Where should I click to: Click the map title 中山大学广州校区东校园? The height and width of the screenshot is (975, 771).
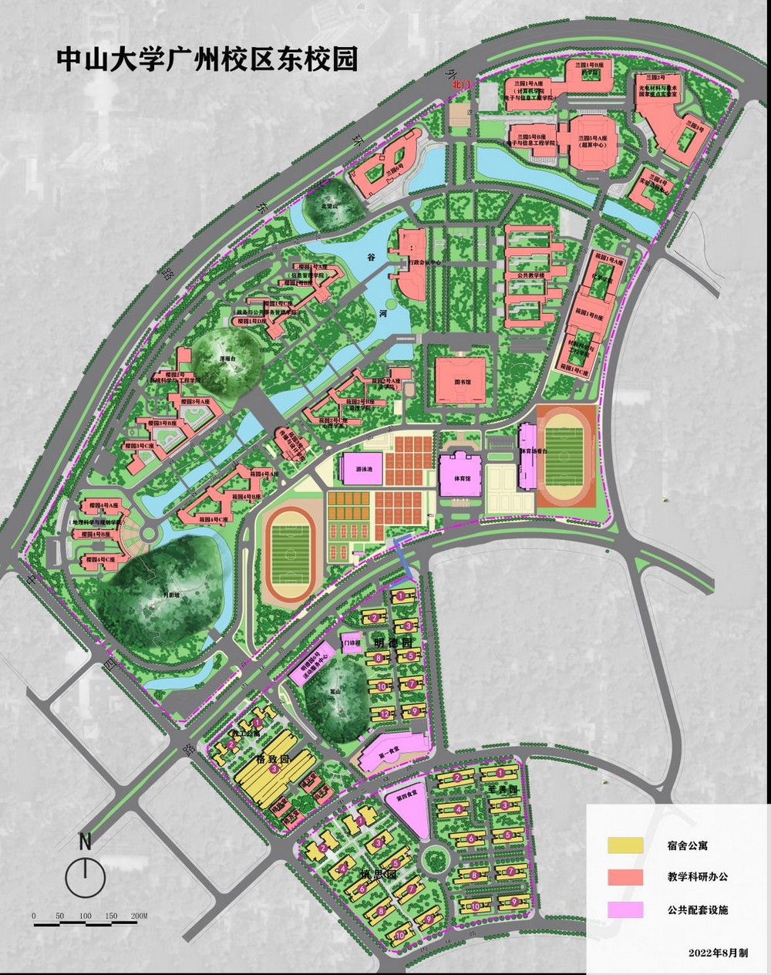(x=207, y=60)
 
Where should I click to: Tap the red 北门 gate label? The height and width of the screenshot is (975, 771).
(x=461, y=83)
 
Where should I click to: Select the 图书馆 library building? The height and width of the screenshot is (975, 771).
(x=460, y=380)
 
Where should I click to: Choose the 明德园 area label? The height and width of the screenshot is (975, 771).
(x=389, y=641)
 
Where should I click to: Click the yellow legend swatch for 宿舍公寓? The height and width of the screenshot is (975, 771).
(x=625, y=845)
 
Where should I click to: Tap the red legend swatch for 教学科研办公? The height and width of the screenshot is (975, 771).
(x=625, y=877)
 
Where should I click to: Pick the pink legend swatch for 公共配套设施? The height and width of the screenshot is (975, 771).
(x=625, y=910)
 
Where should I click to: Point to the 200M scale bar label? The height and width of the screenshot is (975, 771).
(x=139, y=916)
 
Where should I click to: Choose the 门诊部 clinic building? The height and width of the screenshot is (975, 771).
(x=352, y=642)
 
